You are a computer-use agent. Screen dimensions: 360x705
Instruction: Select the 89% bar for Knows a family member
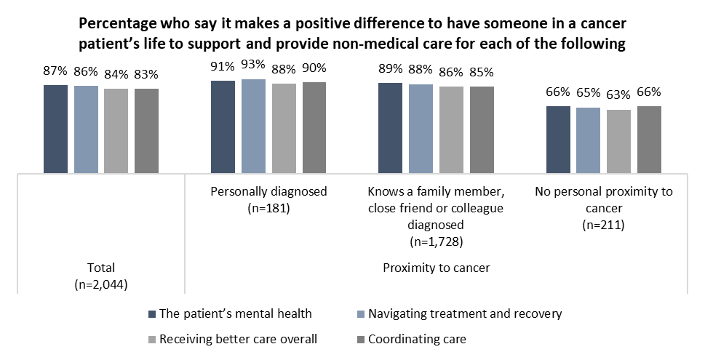pos(390,128)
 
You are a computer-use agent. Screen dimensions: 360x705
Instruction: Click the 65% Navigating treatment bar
pos(588,140)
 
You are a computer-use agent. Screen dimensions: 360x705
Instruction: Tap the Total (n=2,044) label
pos(100,276)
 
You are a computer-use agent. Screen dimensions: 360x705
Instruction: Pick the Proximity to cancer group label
pos(436,268)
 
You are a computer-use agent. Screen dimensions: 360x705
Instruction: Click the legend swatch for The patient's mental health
pos(151,314)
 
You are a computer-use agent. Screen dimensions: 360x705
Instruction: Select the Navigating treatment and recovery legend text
pos(465,314)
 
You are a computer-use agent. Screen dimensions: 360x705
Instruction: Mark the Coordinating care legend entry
pos(415,338)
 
